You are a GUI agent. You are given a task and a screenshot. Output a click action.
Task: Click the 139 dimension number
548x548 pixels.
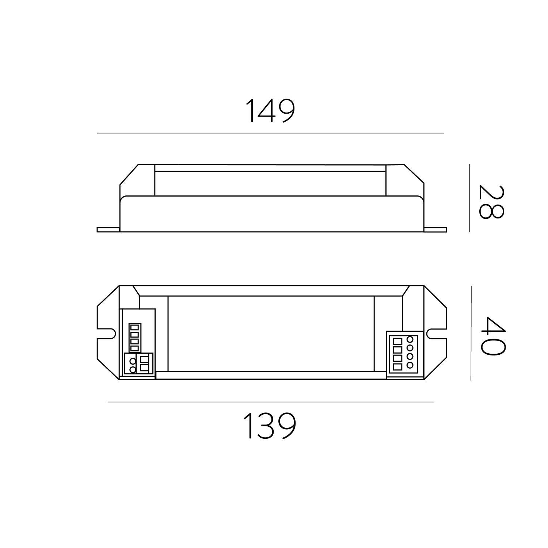270,426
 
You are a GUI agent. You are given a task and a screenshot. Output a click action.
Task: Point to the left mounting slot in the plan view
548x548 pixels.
110,333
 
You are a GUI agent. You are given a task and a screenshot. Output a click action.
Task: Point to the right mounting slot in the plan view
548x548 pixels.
436,333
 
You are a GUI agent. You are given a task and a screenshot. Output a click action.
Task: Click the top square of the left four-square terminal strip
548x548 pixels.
134,327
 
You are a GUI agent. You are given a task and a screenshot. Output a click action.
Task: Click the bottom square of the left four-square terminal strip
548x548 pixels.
134,348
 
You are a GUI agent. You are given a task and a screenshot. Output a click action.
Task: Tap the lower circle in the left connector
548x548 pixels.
133,369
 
